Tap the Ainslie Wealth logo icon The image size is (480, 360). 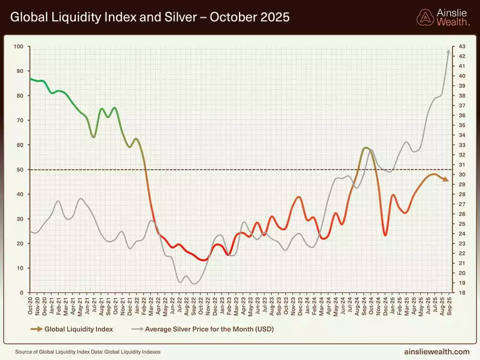point(425,17)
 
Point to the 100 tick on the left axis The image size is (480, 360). point(19,47)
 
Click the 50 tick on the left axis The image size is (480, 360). point(21,169)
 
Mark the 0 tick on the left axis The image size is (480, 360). point(22,292)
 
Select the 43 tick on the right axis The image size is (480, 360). point(461,47)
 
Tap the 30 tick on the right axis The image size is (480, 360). point(461,175)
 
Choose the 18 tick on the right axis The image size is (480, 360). point(461,292)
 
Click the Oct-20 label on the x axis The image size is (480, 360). point(30,304)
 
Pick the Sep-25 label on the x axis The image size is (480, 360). point(449,304)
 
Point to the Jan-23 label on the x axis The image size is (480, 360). point(222,304)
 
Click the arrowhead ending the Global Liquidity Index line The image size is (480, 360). point(446,180)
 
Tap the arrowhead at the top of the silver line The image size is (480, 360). point(449,51)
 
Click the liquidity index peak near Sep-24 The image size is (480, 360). point(366,148)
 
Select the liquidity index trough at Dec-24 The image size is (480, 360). point(385,235)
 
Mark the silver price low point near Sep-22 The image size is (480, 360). point(194,284)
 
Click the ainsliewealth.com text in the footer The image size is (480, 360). point(437,352)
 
